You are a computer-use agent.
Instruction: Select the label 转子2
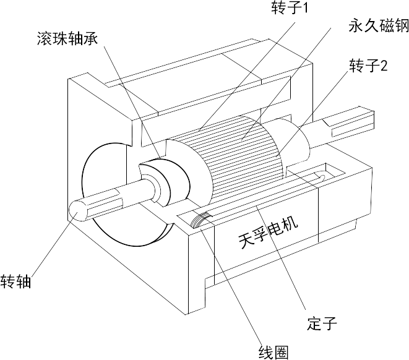click(x=369, y=66)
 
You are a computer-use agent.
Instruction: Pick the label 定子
click(x=321, y=324)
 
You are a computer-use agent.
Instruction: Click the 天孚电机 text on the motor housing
click(x=267, y=231)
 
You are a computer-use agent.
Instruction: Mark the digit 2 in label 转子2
click(x=384, y=66)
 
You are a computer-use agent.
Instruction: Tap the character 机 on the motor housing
click(x=290, y=223)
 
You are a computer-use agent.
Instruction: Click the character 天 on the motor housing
click(x=246, y=240)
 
